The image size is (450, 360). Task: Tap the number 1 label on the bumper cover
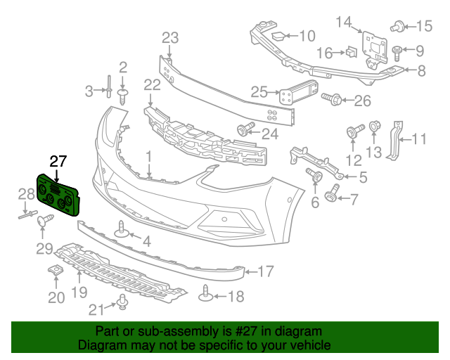click(148, 154)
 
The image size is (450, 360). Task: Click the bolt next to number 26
click(334, 101)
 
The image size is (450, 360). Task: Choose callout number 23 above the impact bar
click(170, 38)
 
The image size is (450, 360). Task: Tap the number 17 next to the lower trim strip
click(264, 270)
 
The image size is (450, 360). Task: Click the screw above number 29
click(48, 222)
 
